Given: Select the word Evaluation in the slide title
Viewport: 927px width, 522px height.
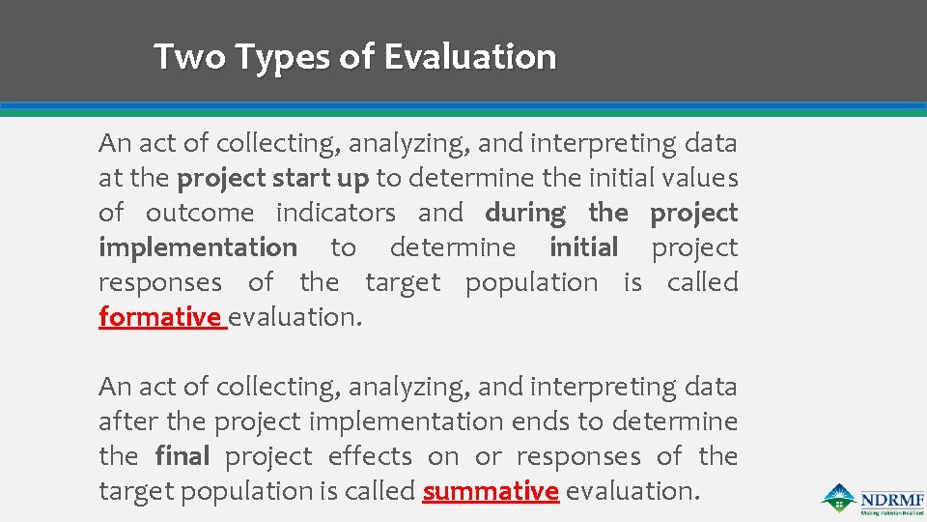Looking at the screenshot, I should [x=470, y=57].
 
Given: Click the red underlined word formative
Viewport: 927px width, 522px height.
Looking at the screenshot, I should [x=160, y=317].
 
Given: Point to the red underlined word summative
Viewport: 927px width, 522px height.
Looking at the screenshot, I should [x=491, y=491].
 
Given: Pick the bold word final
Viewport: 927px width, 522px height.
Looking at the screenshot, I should [x=183, y=456].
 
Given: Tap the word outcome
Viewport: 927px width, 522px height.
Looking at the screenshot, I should [x=200, y=213].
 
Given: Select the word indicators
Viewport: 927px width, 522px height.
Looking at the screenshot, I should [x=336, y=213].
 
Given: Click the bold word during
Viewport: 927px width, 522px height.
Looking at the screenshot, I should [x=525, y=213].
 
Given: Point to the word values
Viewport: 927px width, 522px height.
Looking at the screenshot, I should [x=705, y=178].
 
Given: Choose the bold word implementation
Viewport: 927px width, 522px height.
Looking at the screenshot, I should [x=198, y=247].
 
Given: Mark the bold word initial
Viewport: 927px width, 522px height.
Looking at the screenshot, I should [x=584, y=247].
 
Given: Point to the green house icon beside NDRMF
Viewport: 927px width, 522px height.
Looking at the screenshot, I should [x=837, y=496].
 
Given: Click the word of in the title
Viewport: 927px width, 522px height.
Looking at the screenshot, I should [x=356, y=57].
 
